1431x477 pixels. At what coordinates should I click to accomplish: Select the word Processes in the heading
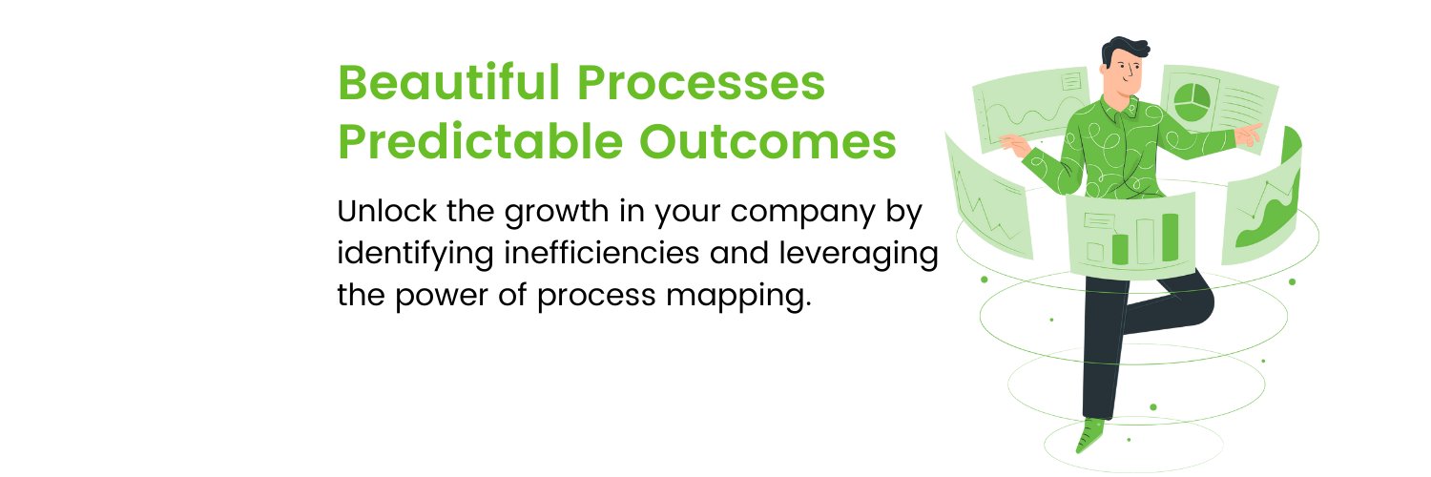[701, 83]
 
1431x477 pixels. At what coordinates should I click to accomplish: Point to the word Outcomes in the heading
[768, 141]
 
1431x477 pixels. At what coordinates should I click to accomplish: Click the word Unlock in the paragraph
[386, 211]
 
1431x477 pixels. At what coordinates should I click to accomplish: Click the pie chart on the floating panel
[1192, 102]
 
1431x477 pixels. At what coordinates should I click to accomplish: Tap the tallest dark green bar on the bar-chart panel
[1170, 237]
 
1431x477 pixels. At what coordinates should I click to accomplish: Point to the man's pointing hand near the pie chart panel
[1248, 135]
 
